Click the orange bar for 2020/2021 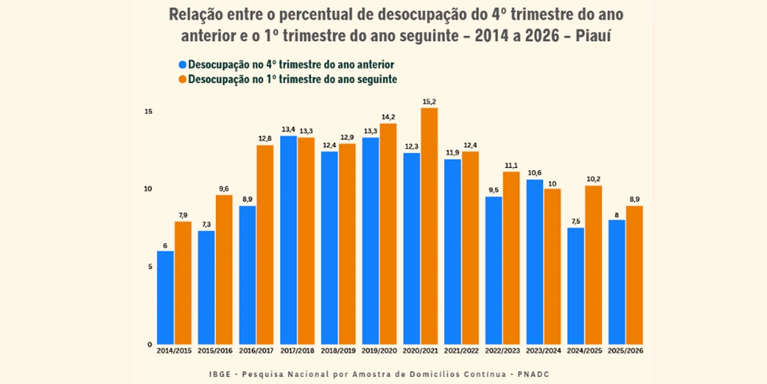[x=429, y=227]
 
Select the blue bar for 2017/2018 [x=288, y=241]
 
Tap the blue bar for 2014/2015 [x=166, y=298]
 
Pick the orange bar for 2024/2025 [x=593, y=265]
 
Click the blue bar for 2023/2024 [x=534, y=262]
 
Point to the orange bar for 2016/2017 [x=265, y=244]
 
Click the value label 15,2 [x=429, y=102]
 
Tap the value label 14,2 [x=389, y=117]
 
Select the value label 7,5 [x=576, y=221]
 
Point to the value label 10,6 [x=534, y=173]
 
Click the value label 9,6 [x=224, y=189]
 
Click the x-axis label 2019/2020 [x=380, y=351]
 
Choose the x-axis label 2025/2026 [x=626, y=351]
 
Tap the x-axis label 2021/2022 [x=461, y=351]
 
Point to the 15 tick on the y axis [x=148, y=112]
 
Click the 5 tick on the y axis [x=150, y=267]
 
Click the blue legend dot [x=183, y=65]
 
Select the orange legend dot [x=183, y=79]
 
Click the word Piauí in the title [x=593, y=36]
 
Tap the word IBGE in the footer [x=220, y=374]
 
